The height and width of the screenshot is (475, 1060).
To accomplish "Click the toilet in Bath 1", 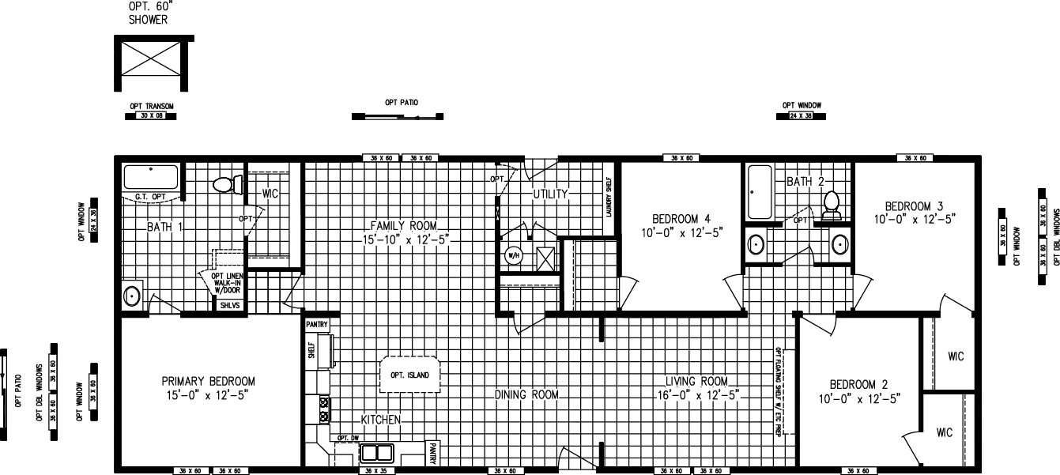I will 224,185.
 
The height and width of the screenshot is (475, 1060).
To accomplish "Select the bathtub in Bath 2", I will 760,193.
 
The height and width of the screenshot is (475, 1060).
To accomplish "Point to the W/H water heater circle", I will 511,255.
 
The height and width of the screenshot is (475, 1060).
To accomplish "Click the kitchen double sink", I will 378,453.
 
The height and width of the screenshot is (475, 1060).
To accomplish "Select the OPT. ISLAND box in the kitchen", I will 409,375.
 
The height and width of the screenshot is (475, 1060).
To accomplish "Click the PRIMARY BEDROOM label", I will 209,387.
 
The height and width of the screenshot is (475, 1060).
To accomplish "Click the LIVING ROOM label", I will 696,387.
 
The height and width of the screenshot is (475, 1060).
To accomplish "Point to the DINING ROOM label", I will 527,394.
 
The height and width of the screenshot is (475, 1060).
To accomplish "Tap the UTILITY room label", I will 550,194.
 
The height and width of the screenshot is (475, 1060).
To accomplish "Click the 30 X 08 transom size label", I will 150,116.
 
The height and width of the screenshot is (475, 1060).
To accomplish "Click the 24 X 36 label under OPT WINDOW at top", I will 801,116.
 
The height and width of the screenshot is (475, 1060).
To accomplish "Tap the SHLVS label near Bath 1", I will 229,304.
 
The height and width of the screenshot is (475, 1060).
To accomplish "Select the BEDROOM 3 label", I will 914,210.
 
